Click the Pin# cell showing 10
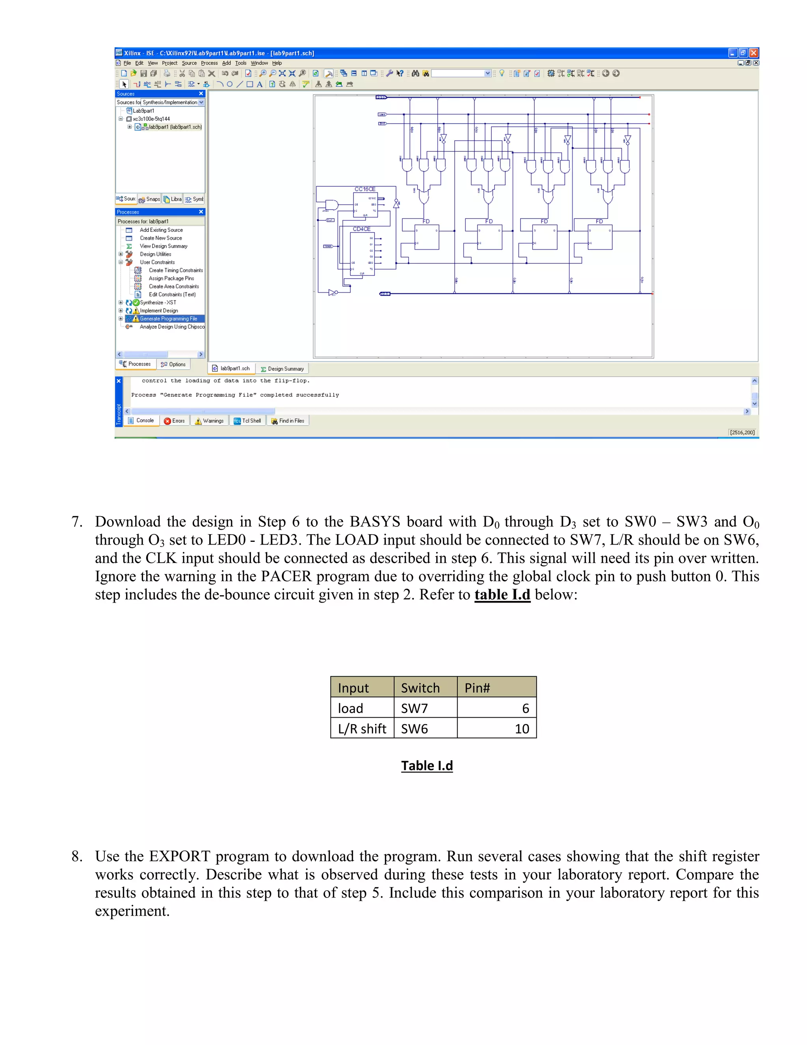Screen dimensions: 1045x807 coord(522,729)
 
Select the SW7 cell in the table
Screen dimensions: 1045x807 coord(415,708)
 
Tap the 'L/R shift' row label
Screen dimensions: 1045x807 coord(362,729)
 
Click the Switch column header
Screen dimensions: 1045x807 coord(420,688)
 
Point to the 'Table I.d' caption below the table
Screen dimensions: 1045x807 coord(427,765)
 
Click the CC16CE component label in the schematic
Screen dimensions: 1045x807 coord(365,189)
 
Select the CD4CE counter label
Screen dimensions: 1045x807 coord(361,229)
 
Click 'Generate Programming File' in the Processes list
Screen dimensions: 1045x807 coord(168,319)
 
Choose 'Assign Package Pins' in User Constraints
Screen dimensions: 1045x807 coord(171,278)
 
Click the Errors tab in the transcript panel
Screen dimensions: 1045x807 coord(175,421)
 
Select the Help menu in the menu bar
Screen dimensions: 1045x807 coord(277,63)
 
